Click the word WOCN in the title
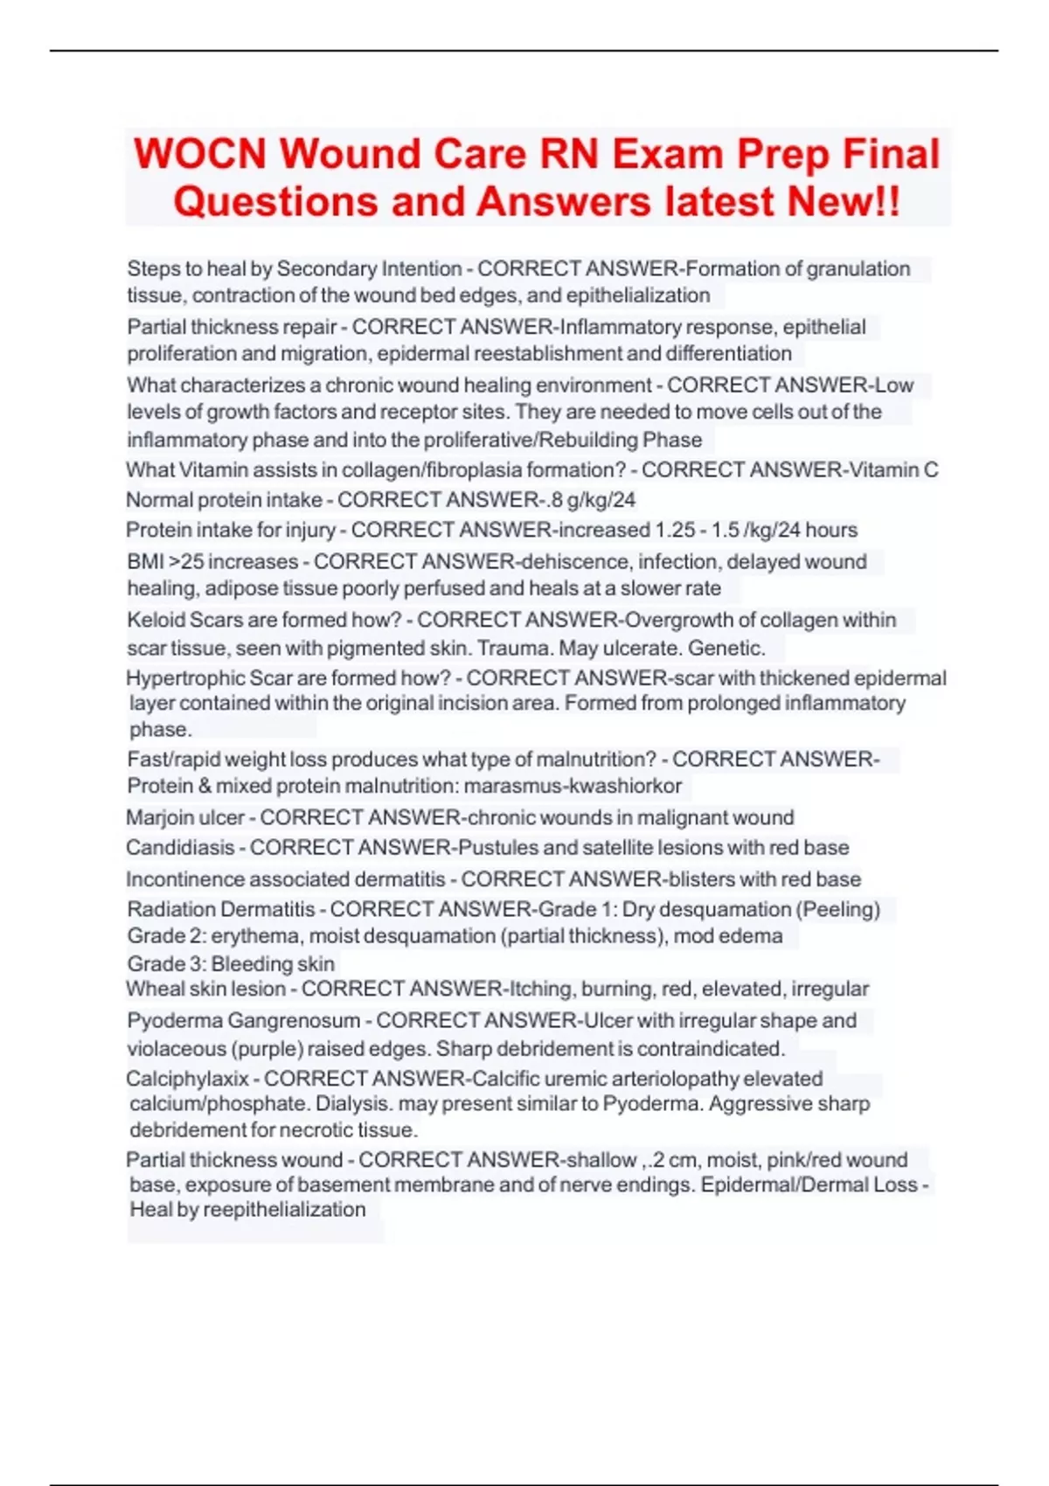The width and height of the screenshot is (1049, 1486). click(x=199, y=155)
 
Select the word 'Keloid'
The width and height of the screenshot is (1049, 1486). click(x=156, y=621)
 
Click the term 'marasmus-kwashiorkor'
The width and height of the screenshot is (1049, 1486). click(x=573, y=786)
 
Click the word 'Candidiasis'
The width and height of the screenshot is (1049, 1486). click(x=180, y=848)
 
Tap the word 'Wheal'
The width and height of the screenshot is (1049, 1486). click(x=153, y=990)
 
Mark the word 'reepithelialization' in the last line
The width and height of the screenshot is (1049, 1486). click(x=284, y=1210)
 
